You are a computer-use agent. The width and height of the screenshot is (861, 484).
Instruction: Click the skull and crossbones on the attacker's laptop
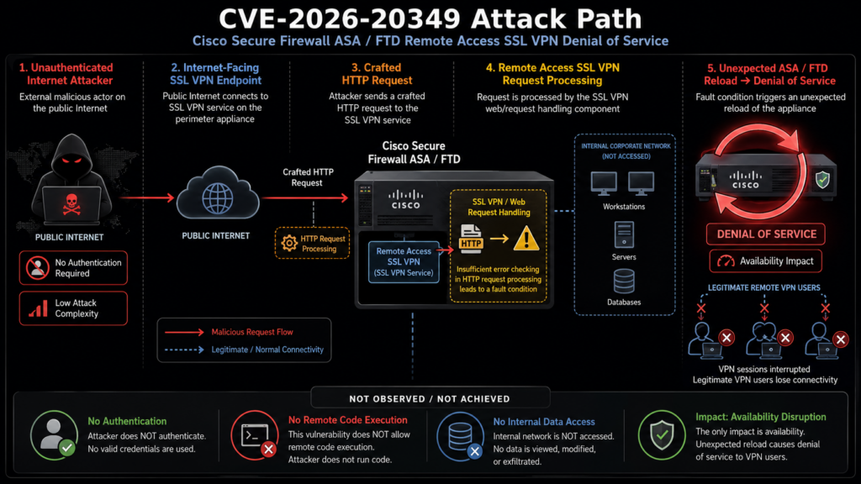tap(71, 203)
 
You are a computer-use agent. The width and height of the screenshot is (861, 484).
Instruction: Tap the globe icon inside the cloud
tap(218, 198)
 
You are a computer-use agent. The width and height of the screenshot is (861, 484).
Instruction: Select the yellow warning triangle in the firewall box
tap(526, 239)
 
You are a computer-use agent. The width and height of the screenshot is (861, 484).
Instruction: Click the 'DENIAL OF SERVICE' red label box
tap(765, 234)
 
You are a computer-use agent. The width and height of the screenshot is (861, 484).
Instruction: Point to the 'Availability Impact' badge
tap(765, 261)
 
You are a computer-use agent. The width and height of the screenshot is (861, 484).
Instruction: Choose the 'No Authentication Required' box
tap(74, 268)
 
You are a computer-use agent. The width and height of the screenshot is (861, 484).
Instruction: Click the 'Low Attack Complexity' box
tap(74, 308)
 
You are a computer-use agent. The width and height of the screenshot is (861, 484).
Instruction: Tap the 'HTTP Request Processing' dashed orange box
tap(312, 243)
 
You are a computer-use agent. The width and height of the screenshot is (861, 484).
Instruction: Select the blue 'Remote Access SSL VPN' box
tap(404, 262)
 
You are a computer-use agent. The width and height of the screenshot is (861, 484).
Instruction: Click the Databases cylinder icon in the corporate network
tap(624, 281)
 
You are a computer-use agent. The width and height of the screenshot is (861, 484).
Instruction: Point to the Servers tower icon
tap(624, 235)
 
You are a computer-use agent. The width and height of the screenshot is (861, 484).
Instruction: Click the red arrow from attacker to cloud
tap(146, 197)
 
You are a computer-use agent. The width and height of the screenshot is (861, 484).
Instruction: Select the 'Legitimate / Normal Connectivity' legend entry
tap(244, 350)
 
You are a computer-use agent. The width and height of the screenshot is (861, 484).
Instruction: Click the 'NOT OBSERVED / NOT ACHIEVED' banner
tap(430, 398)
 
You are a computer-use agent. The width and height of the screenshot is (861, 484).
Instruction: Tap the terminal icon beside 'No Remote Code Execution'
tap(255, 435)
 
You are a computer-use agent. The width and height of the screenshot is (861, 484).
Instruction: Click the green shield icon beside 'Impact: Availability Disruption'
tap(662, 435)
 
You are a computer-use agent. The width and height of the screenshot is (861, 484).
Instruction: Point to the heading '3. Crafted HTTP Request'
tap(377, 74)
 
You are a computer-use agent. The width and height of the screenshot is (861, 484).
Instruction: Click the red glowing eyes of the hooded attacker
tap(71, 160)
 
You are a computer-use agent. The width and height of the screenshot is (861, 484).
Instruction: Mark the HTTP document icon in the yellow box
tap(471, 239)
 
